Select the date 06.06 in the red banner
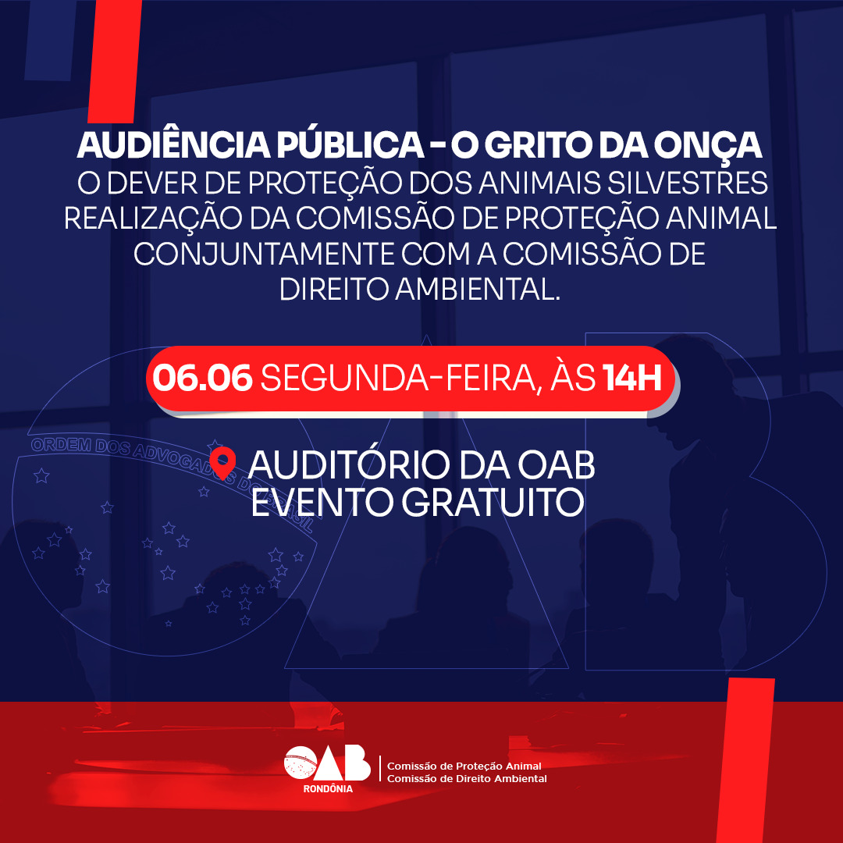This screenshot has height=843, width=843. click(x=203, y=379)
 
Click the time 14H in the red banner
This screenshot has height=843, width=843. click(x=631, y=379)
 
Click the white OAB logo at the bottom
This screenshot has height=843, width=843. click(x=327, y=763)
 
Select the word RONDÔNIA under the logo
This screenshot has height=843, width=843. click(x=328, y=789)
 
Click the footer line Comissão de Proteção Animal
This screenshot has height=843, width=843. click(x=464, y=766)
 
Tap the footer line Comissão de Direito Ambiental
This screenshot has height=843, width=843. click(x=467, y=778)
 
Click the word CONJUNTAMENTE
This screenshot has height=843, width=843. click(x=264, y=254)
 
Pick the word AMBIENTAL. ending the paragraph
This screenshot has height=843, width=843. click(x=478, y=290)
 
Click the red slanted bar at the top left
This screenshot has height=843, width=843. click(x=115, y=61)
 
